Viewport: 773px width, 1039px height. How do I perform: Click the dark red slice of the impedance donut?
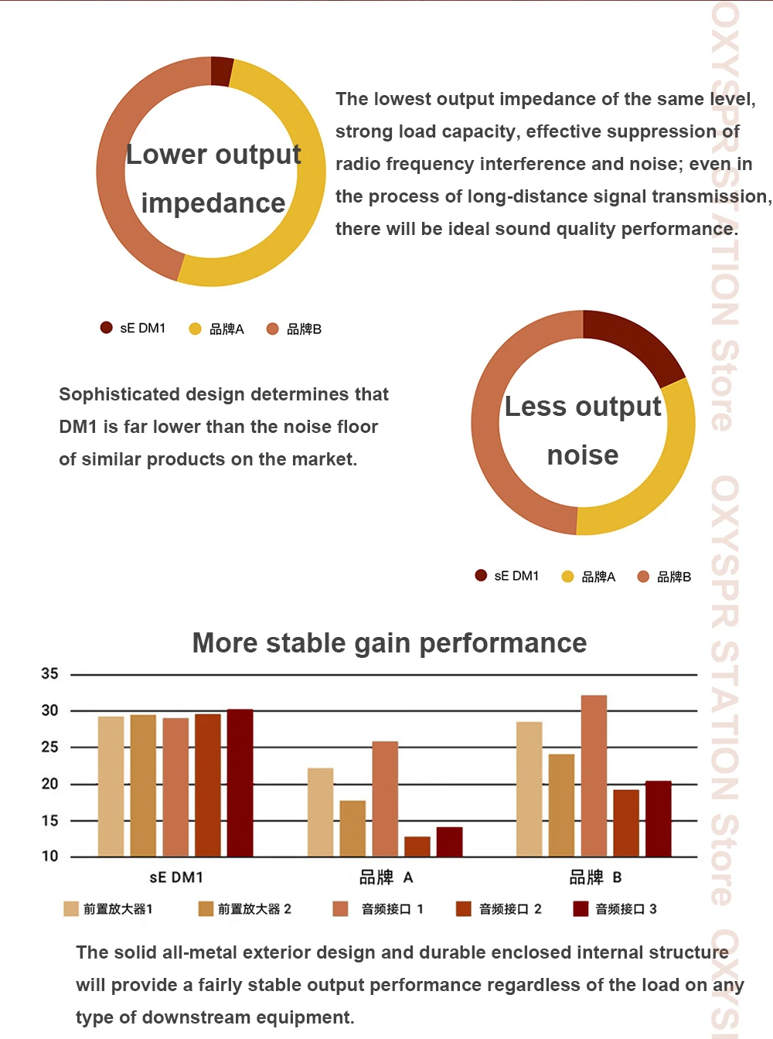pos(222,70)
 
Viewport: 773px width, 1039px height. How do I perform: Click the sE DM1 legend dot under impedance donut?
pos(107,328)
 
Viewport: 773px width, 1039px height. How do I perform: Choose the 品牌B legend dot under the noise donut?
pos(643,577)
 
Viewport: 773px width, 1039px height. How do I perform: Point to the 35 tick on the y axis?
pos(50,674)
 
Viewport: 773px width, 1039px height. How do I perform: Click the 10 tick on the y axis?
pos(50,857)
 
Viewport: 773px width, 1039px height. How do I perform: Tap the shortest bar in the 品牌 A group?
pos(417,847)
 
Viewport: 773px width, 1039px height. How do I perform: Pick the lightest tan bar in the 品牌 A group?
pos(320,812)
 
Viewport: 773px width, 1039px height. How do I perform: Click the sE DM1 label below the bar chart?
pos(176,877)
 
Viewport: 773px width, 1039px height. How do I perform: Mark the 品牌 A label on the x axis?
pos(386,877)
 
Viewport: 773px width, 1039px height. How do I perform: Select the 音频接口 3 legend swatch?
pos(581,909)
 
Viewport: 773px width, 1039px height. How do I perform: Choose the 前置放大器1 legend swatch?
pos(71,909)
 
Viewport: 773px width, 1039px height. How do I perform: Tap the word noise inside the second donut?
pos(583,455)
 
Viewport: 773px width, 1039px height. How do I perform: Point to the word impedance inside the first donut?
pos(213,203)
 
